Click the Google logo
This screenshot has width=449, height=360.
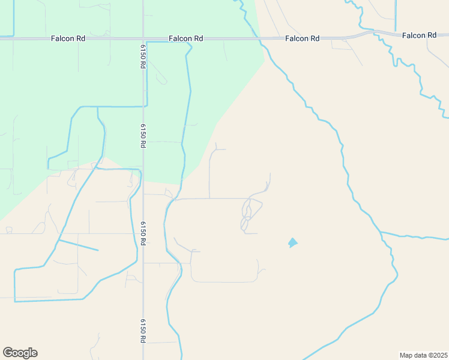click(20, 353)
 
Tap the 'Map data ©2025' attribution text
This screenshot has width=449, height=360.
click(423, 355)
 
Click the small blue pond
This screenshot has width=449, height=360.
click(292, 242)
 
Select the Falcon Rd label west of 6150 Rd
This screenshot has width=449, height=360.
click(68, 38)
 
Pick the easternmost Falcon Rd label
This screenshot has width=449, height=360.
click(419, 35)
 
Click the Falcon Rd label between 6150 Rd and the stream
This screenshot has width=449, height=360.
click(185, 38)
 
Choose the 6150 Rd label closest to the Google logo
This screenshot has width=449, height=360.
click(143, 331)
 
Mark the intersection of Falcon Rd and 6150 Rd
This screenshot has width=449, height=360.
click(143, 38)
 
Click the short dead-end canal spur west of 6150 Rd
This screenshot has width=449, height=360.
click(79, 245)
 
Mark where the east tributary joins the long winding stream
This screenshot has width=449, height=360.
click(380, 232)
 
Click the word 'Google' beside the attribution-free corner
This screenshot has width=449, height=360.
click(20, 353)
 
